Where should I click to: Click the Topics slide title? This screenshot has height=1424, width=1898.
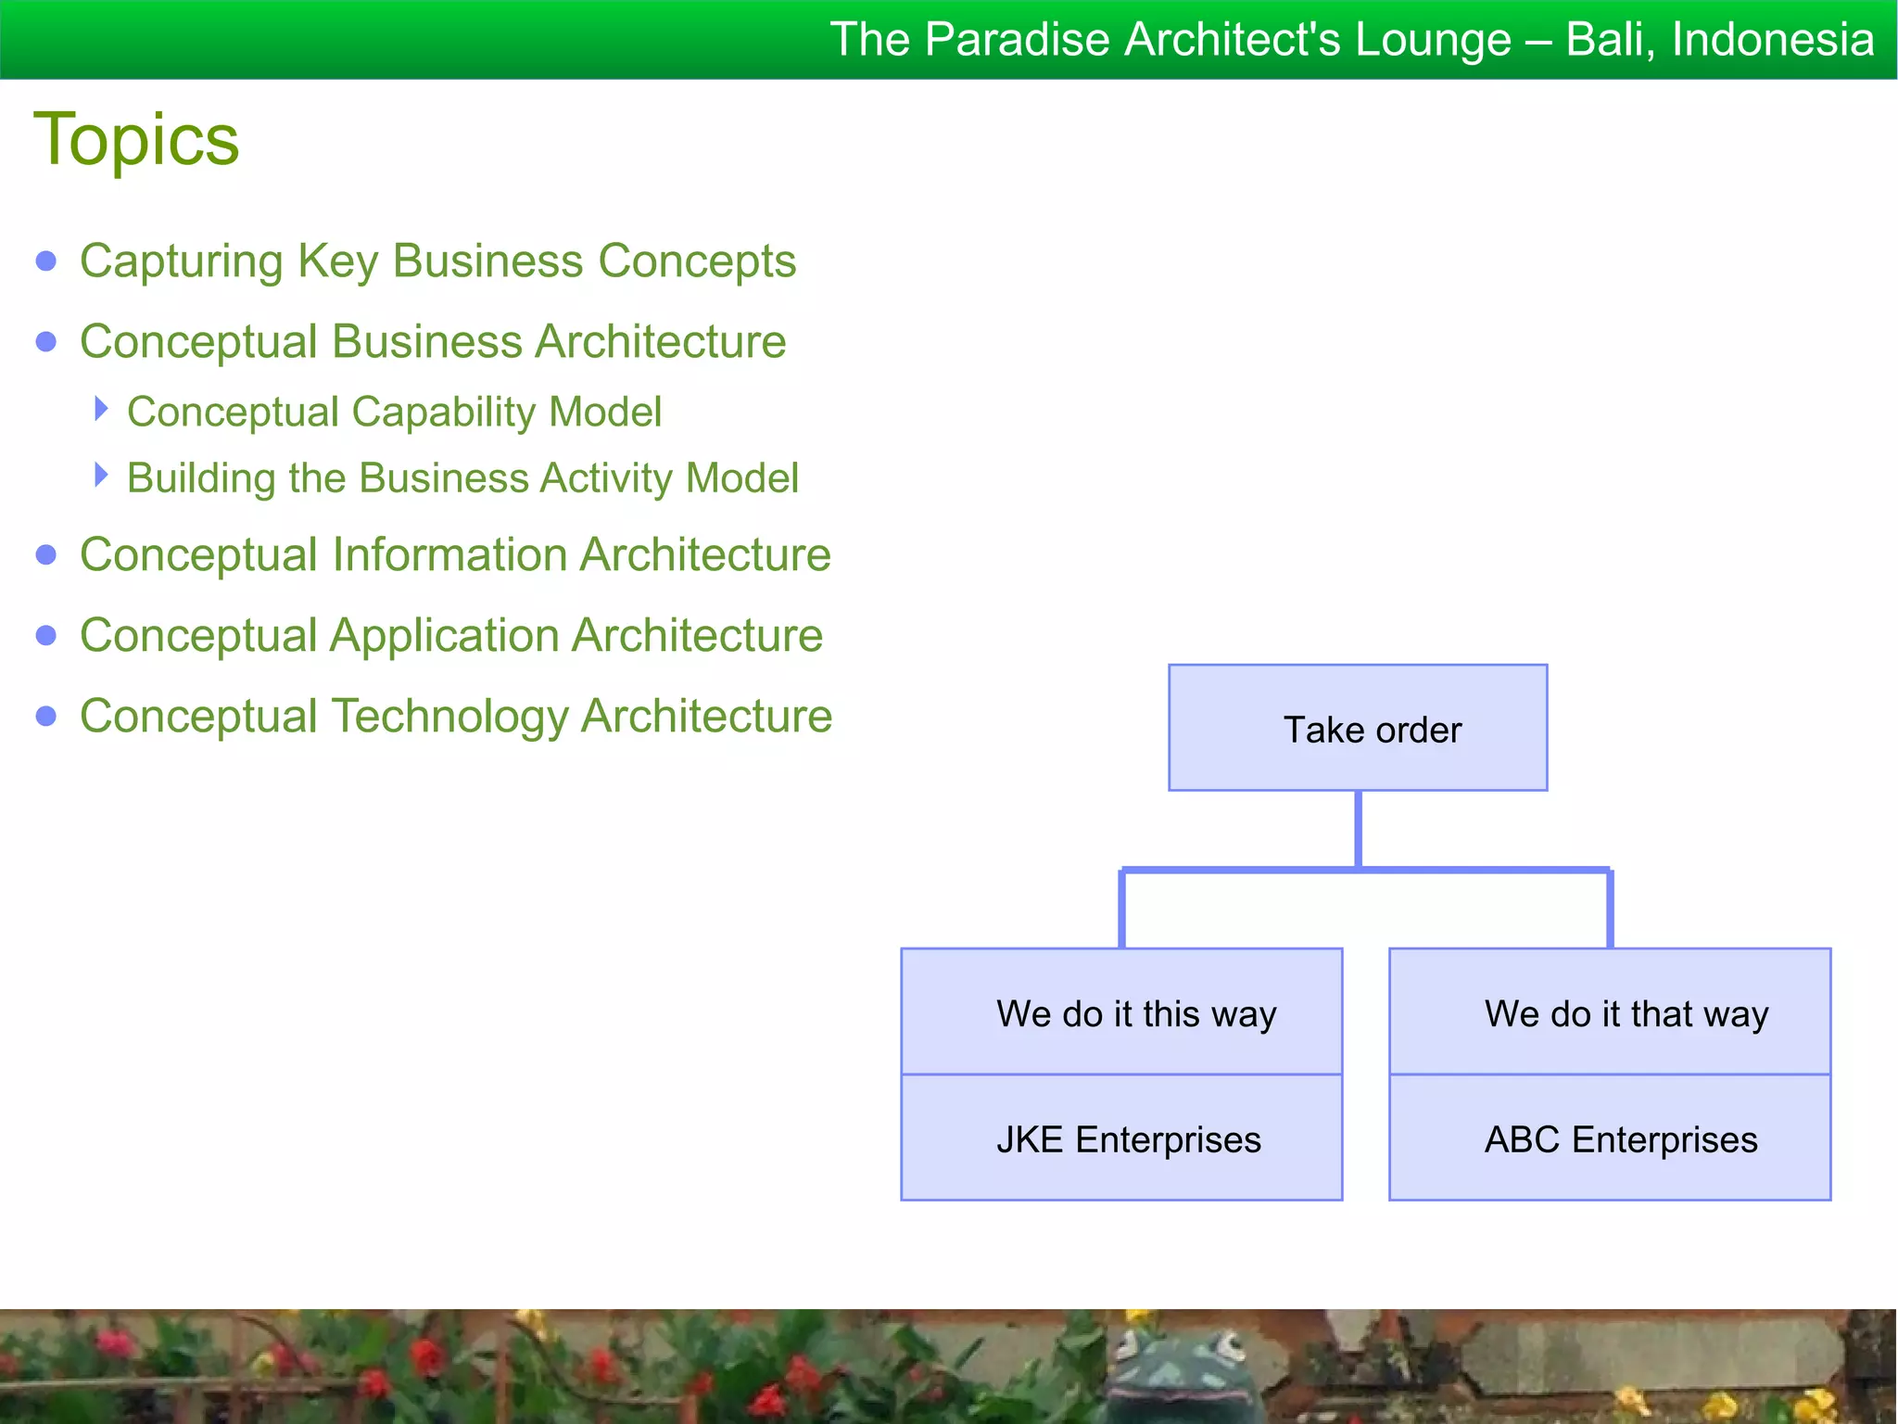click(136, 140)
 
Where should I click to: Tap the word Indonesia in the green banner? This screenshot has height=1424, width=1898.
click(1773, 40)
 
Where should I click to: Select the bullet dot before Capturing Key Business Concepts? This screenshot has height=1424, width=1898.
click(46, 261)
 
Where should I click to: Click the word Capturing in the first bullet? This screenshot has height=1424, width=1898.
click(181, 261)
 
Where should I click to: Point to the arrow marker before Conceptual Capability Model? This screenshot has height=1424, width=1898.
click(101, 409)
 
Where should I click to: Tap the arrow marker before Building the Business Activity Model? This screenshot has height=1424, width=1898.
click(101, 476)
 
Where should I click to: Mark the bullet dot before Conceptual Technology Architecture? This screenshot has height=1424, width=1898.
click(46, 717)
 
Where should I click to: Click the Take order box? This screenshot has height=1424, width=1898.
click(1358, 729)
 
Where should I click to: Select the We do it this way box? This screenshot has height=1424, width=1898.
click(1121, 1012)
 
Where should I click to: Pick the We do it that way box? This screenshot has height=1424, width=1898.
click(1610, 1012)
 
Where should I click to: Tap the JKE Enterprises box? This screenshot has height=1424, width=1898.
click(1121, 1138)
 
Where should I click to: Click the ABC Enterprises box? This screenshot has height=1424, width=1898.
click(1610, 1138)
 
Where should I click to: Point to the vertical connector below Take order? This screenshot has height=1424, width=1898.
click(1358, 830)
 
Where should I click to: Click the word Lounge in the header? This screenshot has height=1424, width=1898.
click(1432, 40)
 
